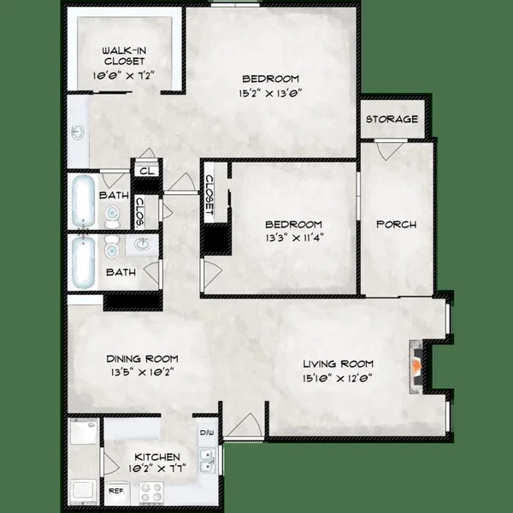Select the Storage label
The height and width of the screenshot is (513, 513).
(392, 119)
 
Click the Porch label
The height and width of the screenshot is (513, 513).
(396, 225)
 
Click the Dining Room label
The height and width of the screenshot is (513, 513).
(142, 357)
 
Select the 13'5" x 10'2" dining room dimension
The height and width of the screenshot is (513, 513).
(142, 372)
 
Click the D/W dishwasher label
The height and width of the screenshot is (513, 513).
(206, 433)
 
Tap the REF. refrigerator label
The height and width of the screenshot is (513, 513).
(115, 492)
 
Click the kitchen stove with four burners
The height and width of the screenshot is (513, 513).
(151, 492)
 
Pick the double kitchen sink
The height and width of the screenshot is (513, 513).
(205, 464)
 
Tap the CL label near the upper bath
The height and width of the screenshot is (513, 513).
(145, 171)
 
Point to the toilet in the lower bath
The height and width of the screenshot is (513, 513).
(110, 249)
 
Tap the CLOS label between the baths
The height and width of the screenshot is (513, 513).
(139, 212)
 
